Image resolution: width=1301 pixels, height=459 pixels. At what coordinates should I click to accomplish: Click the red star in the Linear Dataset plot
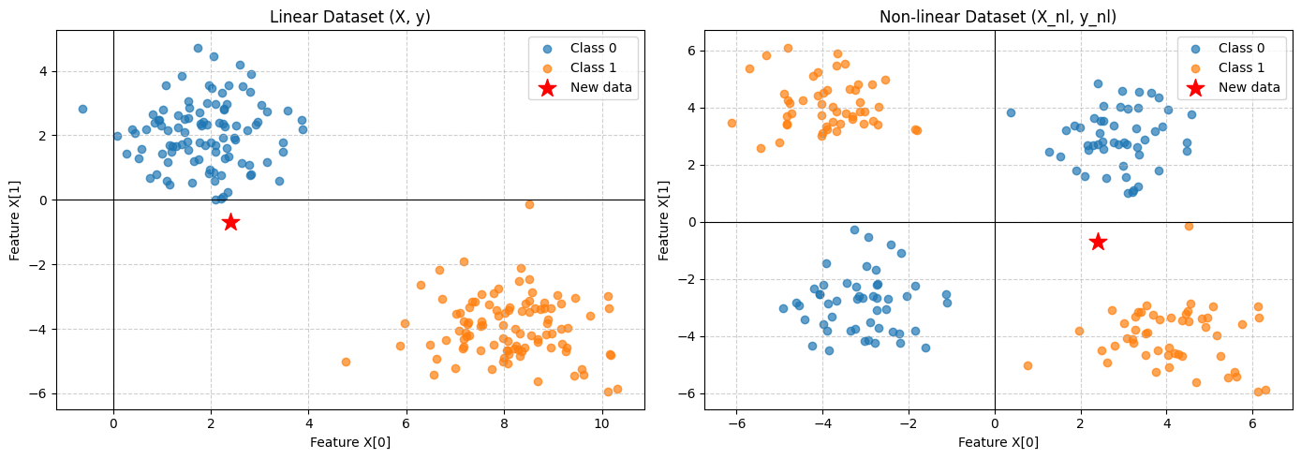[230, 222]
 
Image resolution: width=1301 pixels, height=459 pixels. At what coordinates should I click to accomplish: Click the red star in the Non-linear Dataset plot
[1098, 242]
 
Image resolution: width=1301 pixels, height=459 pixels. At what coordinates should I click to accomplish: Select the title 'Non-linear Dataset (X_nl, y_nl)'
[998, 17]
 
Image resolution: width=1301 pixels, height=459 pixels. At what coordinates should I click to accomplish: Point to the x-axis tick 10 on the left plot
[602, 422]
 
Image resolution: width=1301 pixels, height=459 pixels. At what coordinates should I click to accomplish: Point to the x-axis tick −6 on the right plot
[736, 422]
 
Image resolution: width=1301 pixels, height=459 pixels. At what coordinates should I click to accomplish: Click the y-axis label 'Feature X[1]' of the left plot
[16, 220]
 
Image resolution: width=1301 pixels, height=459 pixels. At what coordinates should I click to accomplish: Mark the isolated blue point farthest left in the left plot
[82, 109]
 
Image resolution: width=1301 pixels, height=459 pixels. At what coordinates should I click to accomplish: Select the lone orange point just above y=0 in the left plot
[529, 204]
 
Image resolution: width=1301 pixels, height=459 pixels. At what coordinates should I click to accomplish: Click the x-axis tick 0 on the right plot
[995, 422]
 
